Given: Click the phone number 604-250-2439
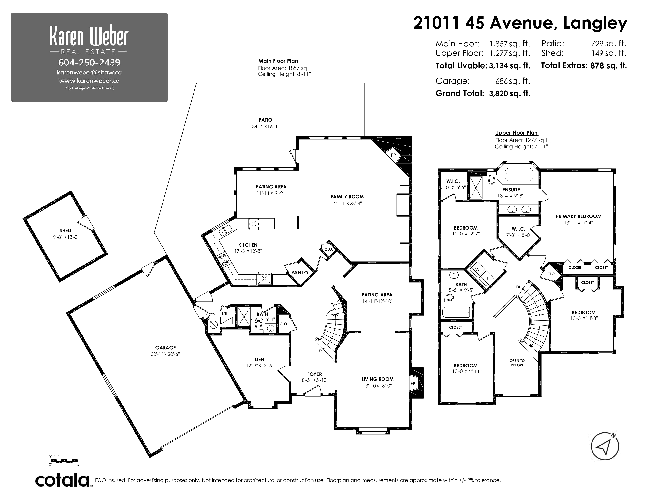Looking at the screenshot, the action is (89, 63).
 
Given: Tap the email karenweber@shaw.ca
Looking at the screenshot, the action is (89, 72).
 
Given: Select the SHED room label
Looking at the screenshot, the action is (65, 230).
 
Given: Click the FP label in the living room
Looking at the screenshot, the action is (413, 383).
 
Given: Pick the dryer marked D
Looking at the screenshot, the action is (486, 279).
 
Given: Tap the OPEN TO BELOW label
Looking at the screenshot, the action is (517, 363).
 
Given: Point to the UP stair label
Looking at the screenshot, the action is (319, 351).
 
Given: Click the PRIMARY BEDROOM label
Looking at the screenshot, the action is (578, 216).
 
